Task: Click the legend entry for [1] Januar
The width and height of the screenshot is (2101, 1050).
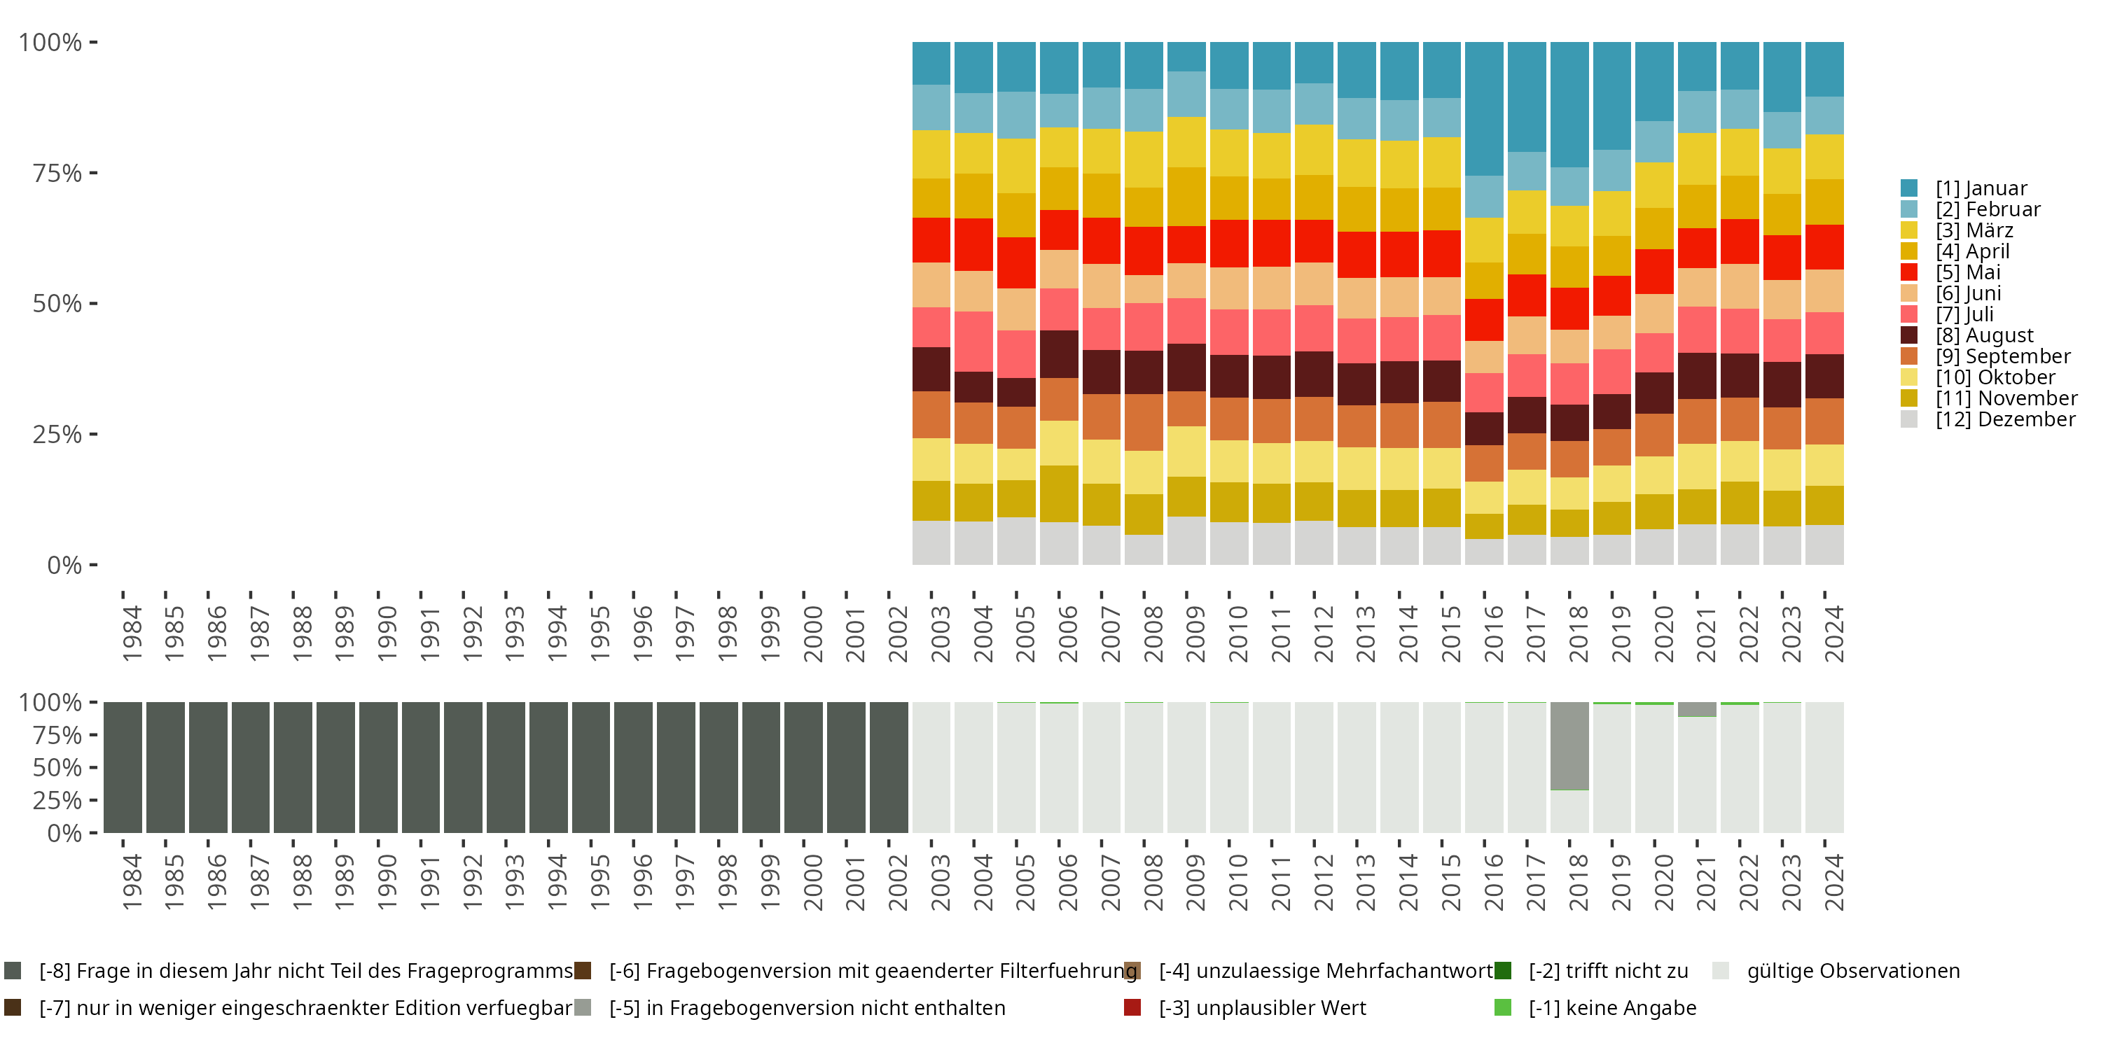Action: pyautogui.click(x=1981, y=188)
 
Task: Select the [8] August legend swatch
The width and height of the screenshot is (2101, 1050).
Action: pyautogui.click(x=1909, y=335)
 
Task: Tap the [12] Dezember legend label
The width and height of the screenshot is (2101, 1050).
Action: pyautogui.click(x=2005, y=419)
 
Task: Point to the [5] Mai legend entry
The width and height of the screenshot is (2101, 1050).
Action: pyautogui.click(x=1967, y=272)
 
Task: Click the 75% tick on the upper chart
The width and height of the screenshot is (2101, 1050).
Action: pyautogui.click(x=57, y=173)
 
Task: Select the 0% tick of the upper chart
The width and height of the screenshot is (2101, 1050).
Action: pyautogui.click(x=64, y=565)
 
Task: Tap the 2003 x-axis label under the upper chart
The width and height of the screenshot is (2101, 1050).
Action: pyautogui.click(x=941, y=633)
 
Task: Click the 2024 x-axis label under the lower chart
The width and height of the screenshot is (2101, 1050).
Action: pyautogui.click(x=1833, y=882)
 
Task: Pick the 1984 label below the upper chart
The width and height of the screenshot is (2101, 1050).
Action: pyautogui.click(x=132, y=633)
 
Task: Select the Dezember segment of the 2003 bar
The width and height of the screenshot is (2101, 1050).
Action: pyautogui.click(x=931, y=543)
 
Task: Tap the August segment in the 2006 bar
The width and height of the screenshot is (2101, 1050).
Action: pyautogui.click(x=1059, y=353)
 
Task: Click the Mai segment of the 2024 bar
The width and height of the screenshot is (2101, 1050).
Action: pyautogui.click(x=1824, y=247)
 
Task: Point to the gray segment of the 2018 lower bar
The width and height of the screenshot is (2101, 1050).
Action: pyautogui.click(x=1569, y=745)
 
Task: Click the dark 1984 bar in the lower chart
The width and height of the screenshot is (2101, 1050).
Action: pyautogui.click(x=123, y=767)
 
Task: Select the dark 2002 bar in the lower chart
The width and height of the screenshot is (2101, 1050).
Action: pyautogui.click(x=888, y=767)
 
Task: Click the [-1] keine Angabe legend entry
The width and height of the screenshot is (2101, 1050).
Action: pyautogui.click(x=1611, y=1007)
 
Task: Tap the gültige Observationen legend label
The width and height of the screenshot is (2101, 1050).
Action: pyautogui.click(x=1852, y=971)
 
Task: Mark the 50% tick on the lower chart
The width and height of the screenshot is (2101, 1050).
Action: pyautogui.click(x=57, y=767)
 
